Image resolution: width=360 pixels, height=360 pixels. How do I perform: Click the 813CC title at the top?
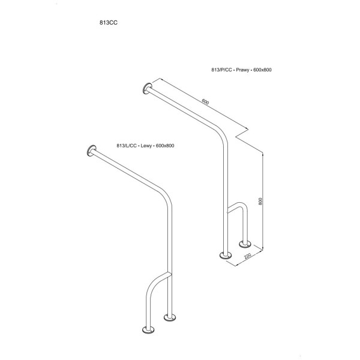tap(109, 23)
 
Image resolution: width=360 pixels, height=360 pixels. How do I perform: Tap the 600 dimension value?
tap(205, 101)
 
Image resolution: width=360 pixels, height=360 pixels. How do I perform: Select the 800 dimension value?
tap(260, 202)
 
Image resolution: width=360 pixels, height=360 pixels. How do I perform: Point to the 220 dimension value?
tap(248, 256)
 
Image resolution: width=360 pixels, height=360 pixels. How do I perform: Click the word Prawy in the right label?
tap(242, 70)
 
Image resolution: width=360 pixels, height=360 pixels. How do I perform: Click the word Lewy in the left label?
tap(146, 146)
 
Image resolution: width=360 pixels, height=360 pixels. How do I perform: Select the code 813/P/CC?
tap(221, 70)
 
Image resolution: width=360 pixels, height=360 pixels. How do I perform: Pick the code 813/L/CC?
tap(127, 146)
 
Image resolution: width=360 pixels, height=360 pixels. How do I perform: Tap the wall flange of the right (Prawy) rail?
tap(147, 88)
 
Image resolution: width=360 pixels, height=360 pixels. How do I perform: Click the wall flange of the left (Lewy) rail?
tap(91, 151)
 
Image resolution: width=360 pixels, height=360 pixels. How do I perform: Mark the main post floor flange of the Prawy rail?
tap(226, 255)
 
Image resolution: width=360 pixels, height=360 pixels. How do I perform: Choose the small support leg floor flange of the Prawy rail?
tap(245, 244)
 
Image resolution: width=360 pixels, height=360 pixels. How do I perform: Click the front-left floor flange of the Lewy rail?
tap(148, 329)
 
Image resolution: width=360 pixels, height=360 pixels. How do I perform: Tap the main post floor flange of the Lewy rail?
tap(170, 317)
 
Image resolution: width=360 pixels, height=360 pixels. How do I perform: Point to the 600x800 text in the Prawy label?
tap(262, 70)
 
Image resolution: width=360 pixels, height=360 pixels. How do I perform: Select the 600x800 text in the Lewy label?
tap(165, 146)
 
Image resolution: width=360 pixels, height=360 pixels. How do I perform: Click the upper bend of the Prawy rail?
tap(222, 137)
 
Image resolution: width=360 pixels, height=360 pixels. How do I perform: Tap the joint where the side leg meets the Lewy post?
tap(169, 274)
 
